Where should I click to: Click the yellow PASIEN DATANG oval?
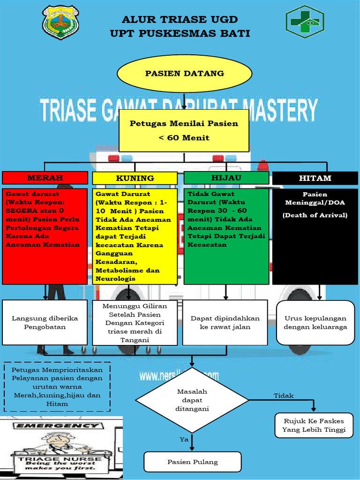coord(184,74)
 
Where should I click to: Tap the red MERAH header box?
coord(45,178)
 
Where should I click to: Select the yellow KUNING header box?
coord(135,178)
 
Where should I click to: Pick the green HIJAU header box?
coord(226,178)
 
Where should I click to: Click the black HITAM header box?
coord(315,178)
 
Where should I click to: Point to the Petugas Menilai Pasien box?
coord(184,131)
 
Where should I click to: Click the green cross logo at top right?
coord(305,22)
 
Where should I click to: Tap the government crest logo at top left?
coord(60,22)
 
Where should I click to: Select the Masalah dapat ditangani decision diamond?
coord(192,400)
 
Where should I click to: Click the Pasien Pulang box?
coord(193,462)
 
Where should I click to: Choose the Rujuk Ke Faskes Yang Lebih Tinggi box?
coord(314,425)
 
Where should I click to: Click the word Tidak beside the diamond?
coord(284,396)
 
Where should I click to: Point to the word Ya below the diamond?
coord(184,439)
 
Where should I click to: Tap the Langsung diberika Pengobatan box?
coord(45,322)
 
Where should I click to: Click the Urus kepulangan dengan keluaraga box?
coord(315,322)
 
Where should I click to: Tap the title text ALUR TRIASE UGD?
coord(180,20)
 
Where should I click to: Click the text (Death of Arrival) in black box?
coord(315,215)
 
